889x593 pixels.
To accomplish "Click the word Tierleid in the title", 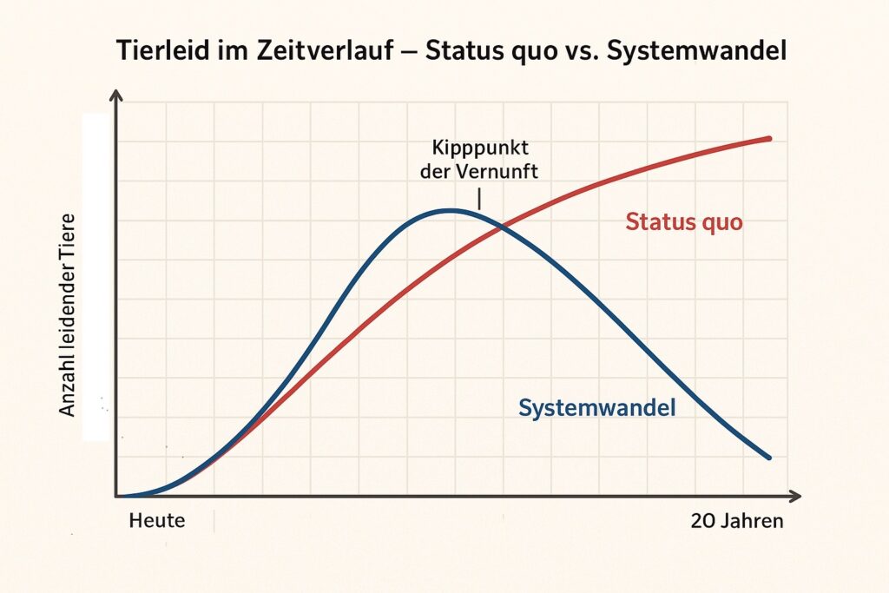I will tap(156, 51).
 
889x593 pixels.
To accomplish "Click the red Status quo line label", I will tap(684, 221).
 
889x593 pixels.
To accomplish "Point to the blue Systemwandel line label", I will tap(596, 407).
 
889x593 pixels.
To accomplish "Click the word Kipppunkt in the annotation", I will tap(478, 148).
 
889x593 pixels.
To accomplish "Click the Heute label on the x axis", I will tap(157, 522).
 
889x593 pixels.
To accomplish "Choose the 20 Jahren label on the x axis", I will tap(737, 522).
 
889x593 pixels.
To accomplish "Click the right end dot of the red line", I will tap(768, 138).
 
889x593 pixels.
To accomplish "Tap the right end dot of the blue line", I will tap(768, 457).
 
